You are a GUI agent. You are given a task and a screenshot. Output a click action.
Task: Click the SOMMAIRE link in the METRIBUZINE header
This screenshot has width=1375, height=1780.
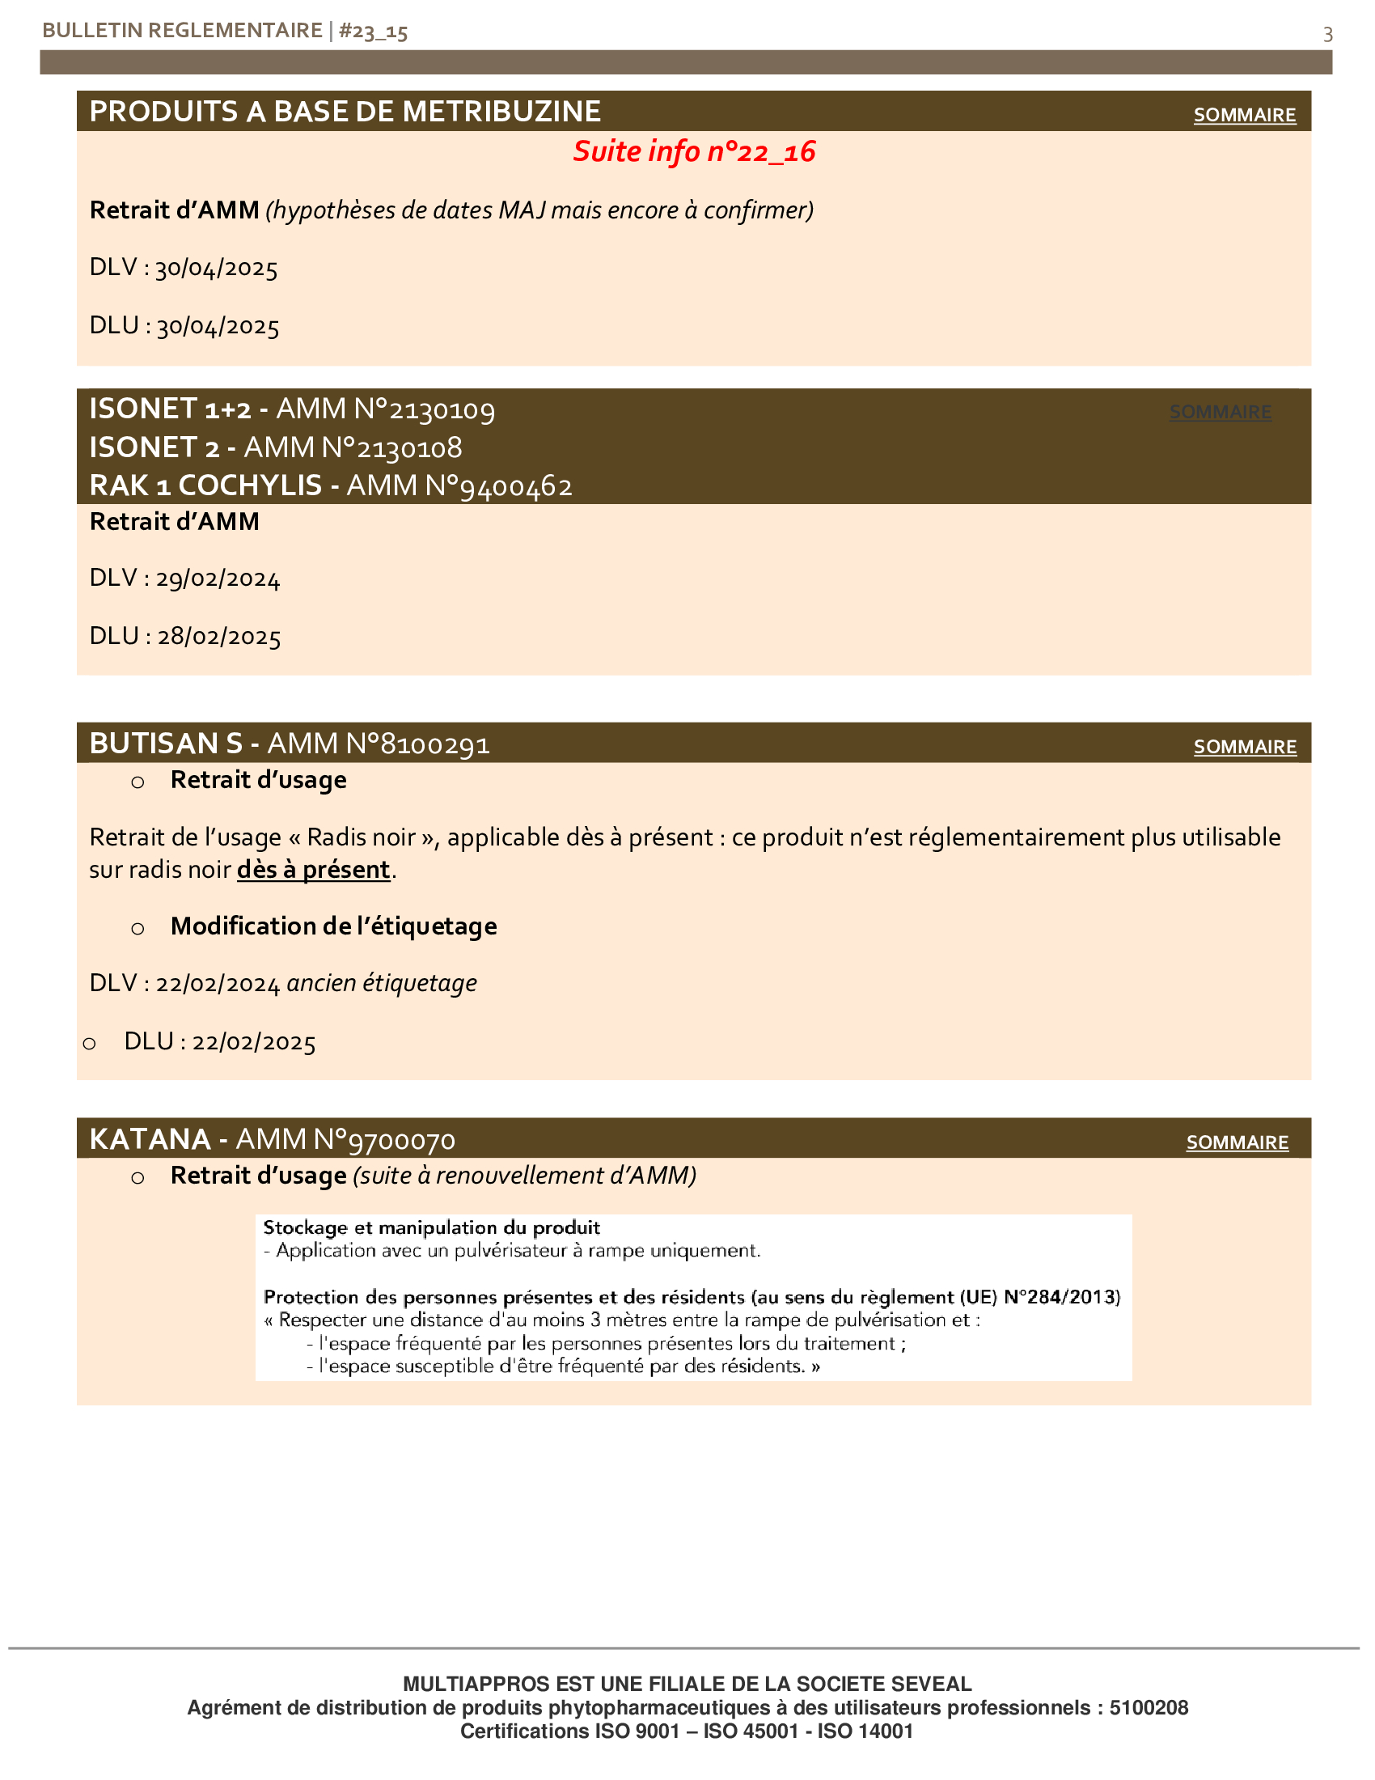click(1244, 115)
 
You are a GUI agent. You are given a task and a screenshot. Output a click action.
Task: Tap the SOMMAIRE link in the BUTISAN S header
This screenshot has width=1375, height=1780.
click(1244, 747)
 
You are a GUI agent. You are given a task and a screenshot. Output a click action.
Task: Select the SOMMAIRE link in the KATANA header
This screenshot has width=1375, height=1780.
click(1237, 1142)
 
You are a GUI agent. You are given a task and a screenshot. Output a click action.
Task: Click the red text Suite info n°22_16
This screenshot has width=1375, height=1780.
click(694, 151)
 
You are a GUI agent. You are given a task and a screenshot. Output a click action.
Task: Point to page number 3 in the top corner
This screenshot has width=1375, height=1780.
click(1328, 34)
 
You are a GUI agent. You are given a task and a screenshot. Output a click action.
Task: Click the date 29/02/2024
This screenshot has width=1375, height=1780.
click(218, 578)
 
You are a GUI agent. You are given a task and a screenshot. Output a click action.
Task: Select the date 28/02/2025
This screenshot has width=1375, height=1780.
click(218, 637)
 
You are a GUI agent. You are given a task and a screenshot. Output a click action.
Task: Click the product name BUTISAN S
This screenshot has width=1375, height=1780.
click(165, 744)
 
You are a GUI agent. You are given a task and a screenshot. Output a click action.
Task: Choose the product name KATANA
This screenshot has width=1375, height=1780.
click(150, 1138)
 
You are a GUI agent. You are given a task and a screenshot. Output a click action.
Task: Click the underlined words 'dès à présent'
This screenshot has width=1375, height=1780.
click(314, 870)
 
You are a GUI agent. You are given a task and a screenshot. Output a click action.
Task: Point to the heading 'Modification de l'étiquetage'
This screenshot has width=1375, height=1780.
click(333, 926)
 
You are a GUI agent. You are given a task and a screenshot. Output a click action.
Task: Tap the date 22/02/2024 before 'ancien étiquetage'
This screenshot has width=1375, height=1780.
click(218, 984)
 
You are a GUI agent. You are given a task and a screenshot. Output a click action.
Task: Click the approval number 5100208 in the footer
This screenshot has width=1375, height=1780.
click(1149, 1707)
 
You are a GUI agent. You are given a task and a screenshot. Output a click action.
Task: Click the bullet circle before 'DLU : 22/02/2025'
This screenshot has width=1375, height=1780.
click(90, 1043)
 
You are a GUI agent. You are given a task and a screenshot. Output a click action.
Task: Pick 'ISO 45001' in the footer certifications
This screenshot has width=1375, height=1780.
click(751, 1731)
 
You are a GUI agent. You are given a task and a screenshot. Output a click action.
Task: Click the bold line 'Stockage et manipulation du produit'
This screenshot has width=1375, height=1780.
click(432, 1227)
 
